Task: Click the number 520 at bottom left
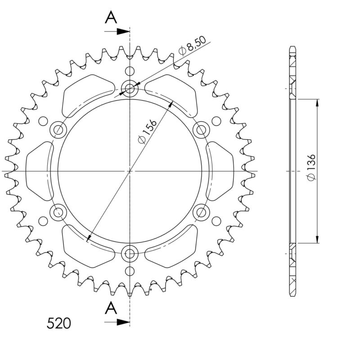[59, 323]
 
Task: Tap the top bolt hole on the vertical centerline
[130, 88]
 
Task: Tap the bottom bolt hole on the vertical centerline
[130, 253]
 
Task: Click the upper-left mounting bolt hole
[58, 130]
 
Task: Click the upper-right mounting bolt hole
[201, 130]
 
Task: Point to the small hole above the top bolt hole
[130, 71]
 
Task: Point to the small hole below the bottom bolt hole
[130, 270]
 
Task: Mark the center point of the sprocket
[130, 171]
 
